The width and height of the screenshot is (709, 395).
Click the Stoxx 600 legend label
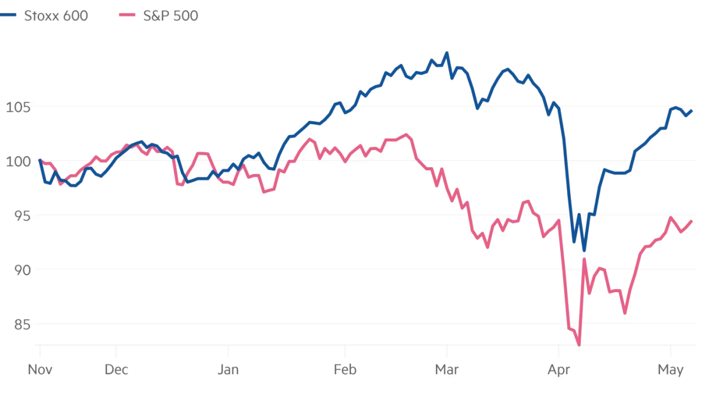pos(56,16)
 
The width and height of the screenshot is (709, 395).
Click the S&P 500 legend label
pos(170,16)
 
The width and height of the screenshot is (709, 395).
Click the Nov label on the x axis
pos(40,370)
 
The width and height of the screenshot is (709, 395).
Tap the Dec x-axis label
pos(116,370)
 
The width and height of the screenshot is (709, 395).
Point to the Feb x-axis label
pos(344,370)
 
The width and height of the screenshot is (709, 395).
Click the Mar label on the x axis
pos(447,370)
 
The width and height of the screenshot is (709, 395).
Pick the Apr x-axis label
pos(558,370)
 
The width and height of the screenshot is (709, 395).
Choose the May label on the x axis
pos(671,370)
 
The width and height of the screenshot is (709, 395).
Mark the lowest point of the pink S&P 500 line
pos(579,345)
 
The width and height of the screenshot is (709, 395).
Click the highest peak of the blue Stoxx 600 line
pos(447,53)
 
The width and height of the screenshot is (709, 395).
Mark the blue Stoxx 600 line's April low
pos(584,251)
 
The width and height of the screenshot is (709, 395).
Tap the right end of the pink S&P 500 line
pos(692,221)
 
